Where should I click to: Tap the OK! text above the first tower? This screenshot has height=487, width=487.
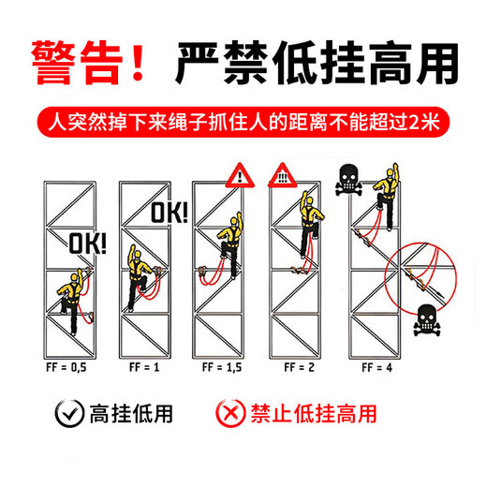coord(88,245)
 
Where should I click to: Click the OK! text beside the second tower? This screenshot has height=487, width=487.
coord(170,213)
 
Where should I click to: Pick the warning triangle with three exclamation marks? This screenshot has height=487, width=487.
coord(281,175)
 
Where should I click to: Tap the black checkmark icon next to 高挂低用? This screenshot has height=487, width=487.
coord(67,413)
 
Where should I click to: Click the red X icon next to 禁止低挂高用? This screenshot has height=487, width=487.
coord(229,413)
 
